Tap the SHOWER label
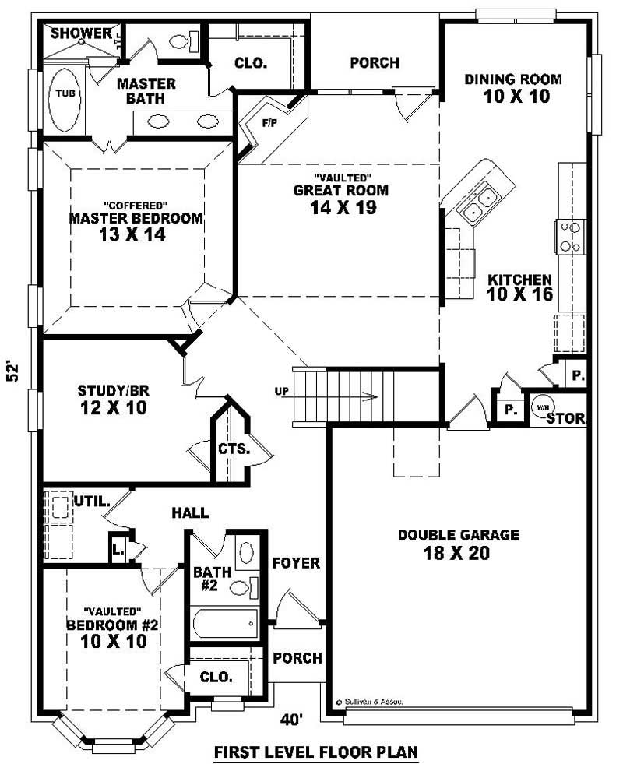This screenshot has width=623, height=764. (x=82, y=33)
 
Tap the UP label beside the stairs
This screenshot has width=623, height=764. (x=281, y=390)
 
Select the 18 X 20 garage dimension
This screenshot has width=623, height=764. (x=458, y=553)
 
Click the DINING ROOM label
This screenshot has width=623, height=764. (x=512, y=79)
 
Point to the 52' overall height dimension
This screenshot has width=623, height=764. (x=13, y=370)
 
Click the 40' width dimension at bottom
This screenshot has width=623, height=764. (x=291, y=720)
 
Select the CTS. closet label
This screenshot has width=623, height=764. (x=233, y=449)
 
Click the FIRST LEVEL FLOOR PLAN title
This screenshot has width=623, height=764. (x=316, y=752)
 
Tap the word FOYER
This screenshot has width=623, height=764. (x=296, y=563)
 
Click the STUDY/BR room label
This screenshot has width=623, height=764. (x=113, y=390)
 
